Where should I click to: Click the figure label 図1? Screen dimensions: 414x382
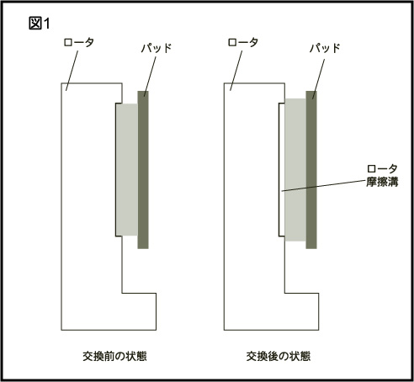point(40,24)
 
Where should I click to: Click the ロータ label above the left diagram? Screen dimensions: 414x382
point(78,43)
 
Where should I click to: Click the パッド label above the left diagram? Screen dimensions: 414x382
point(157,48)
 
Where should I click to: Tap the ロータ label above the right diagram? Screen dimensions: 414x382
point(242,43)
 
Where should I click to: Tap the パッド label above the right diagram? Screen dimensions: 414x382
point(325,48)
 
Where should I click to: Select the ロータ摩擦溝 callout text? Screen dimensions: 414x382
point(382,176)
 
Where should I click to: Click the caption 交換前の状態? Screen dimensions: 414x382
point(114,356)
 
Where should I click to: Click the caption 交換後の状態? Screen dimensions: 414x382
point(279,356)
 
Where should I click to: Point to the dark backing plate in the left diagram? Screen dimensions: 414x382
point(143,170)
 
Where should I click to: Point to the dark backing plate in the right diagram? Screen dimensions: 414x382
point(311,170)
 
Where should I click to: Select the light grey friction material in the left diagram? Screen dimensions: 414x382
point(127,170)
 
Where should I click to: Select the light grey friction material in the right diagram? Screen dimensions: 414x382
point(295,170)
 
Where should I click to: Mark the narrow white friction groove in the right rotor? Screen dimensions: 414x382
point(282,170)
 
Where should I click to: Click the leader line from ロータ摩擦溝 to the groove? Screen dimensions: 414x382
point(324,186)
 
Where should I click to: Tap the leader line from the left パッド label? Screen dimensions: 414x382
point(150,77)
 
